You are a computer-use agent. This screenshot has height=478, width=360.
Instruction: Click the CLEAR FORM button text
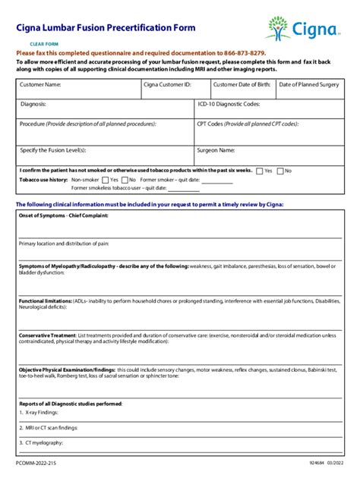click(43, 44)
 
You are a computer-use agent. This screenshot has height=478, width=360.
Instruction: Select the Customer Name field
click(77, 90)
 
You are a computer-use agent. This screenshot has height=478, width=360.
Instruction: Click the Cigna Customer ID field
click(174, 90)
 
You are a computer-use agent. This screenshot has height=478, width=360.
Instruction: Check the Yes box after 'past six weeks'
click(260, 171)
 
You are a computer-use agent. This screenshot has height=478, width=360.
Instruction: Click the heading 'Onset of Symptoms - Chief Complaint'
click(64, 215)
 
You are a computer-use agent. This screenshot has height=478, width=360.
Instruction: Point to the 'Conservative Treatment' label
click(47, 335)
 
